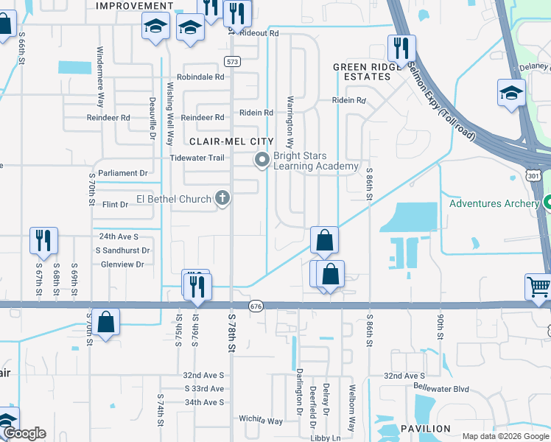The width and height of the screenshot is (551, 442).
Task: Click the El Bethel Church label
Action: [x=173, y=198]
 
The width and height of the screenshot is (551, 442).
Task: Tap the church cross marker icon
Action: [x=222, y=197]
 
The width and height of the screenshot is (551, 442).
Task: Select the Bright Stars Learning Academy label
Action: [x=315, y=161]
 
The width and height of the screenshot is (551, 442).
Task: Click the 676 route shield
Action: [x=256, y=306]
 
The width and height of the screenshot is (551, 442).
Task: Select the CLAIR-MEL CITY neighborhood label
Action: [x=231, y=141]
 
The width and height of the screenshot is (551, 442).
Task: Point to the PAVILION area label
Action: [x=426, y=428]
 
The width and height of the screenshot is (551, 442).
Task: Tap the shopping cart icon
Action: [x=538, y=287]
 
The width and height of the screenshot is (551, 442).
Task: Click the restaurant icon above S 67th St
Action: [x=43, y=240]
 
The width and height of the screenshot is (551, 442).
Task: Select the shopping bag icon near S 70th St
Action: [x=106, y=321]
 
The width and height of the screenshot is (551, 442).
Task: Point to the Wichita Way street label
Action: [x=261, y=421]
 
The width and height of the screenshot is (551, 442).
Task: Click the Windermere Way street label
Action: [x=99, y=77]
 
